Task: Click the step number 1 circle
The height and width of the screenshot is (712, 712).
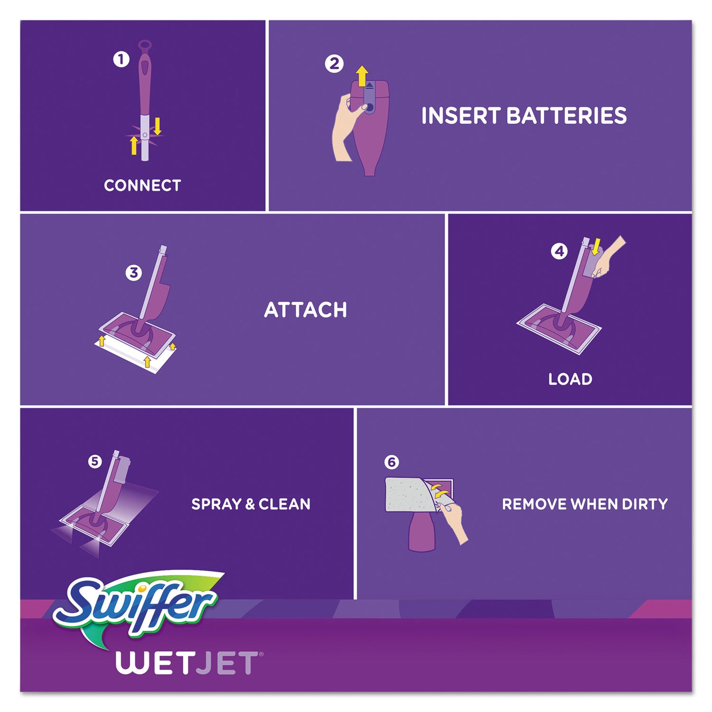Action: point(121,60)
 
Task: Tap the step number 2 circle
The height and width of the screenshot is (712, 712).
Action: point(334,64)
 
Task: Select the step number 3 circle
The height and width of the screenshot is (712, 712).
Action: point(134,272)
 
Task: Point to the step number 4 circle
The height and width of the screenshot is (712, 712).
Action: point(559,251)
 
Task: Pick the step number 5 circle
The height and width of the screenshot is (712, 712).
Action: point(95,461)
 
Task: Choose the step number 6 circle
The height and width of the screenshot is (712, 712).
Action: point(392,462)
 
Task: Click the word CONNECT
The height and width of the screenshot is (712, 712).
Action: point(142,186)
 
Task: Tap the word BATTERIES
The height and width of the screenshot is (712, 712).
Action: point(567,116)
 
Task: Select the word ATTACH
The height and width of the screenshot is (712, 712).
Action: point(305,310)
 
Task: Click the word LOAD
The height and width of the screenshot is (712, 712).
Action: point(570,379)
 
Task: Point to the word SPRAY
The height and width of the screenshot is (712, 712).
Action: point(216,504)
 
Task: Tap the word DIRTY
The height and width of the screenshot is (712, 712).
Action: point(644,504)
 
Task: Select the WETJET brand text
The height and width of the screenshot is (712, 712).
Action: point(187,663)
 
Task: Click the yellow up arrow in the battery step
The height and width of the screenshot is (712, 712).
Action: point(362,76)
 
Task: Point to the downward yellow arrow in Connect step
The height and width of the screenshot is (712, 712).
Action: point(158,126)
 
